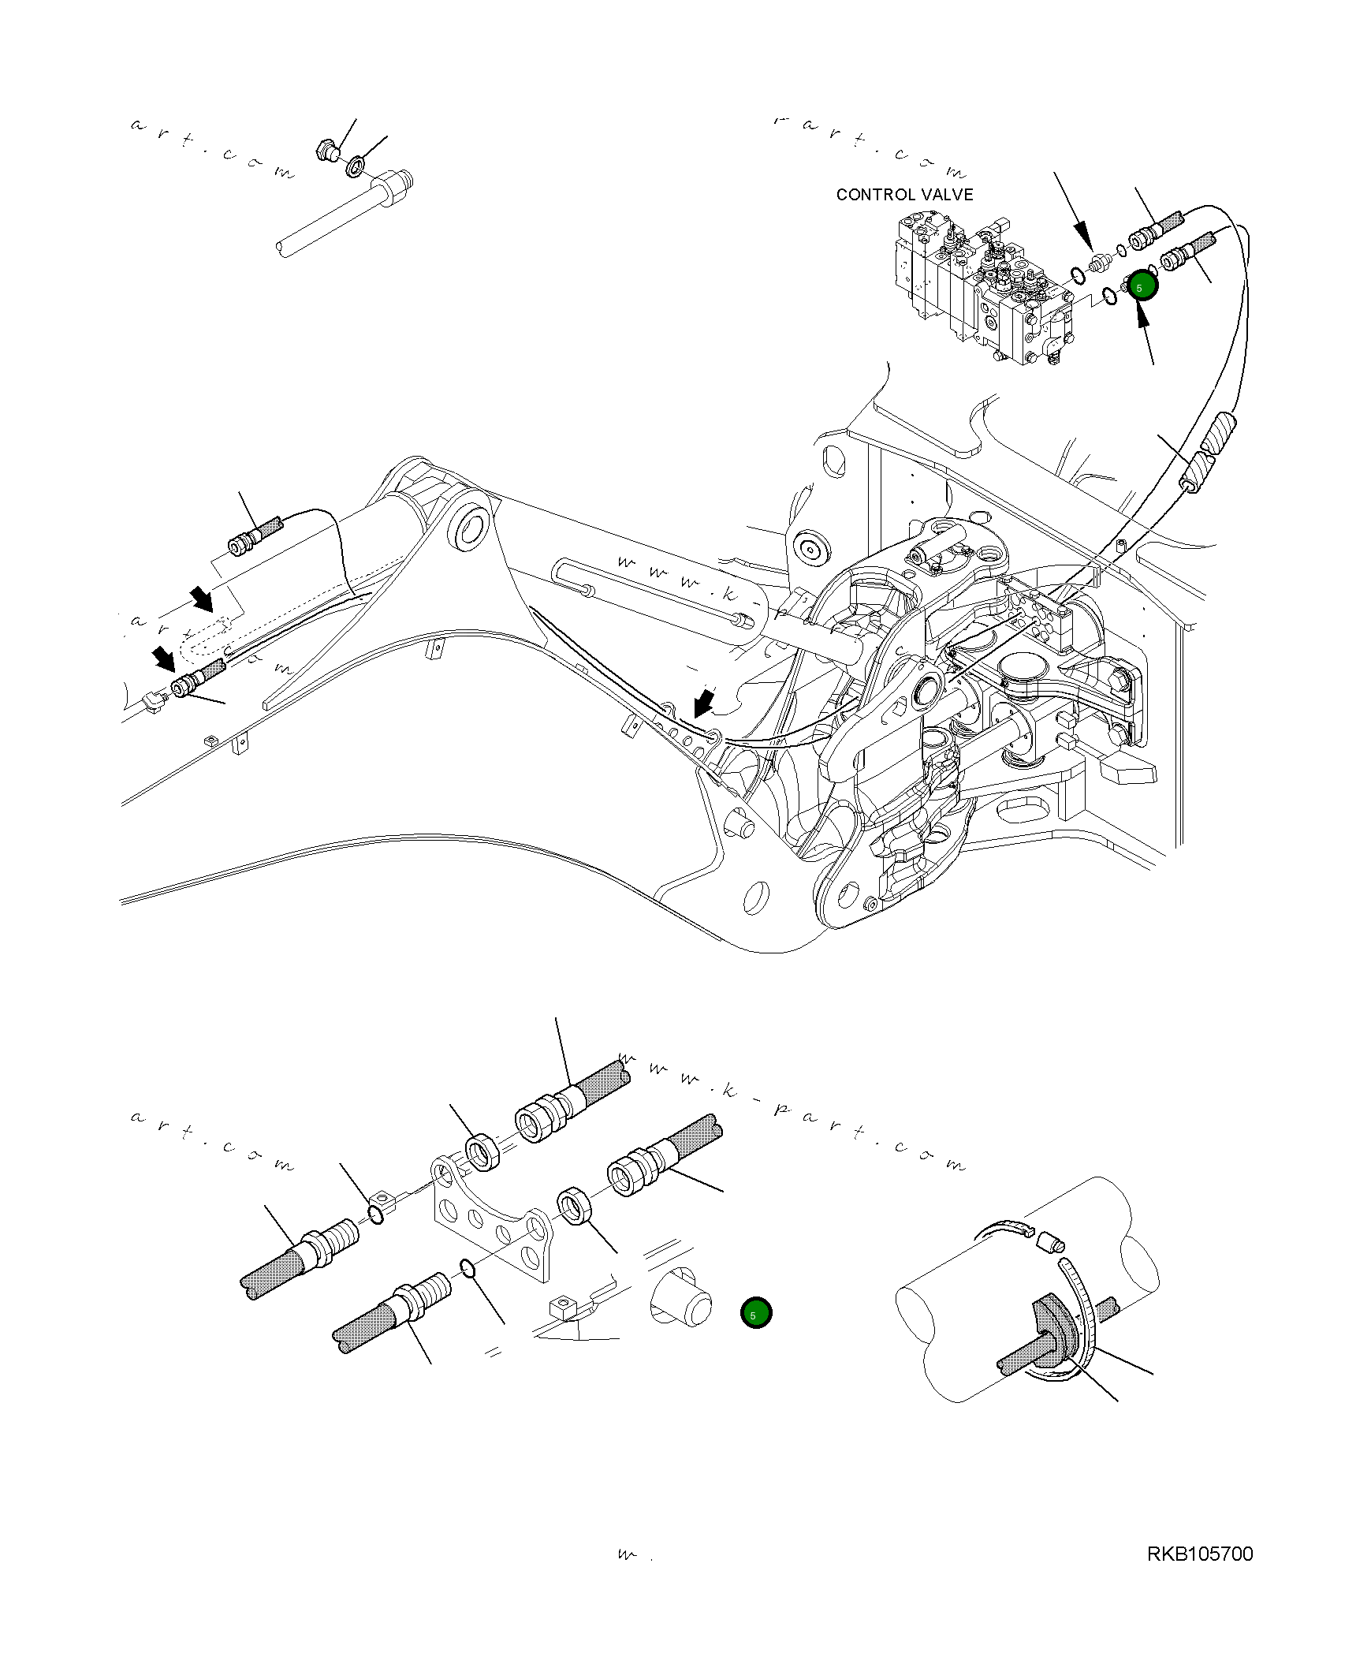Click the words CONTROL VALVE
[904, 194]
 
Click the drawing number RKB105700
[1200, 1554]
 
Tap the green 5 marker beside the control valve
[1141, 287]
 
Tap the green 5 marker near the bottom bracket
[756, 1314]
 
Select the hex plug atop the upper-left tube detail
[325, 150]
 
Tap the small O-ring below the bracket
[468, 1269]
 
